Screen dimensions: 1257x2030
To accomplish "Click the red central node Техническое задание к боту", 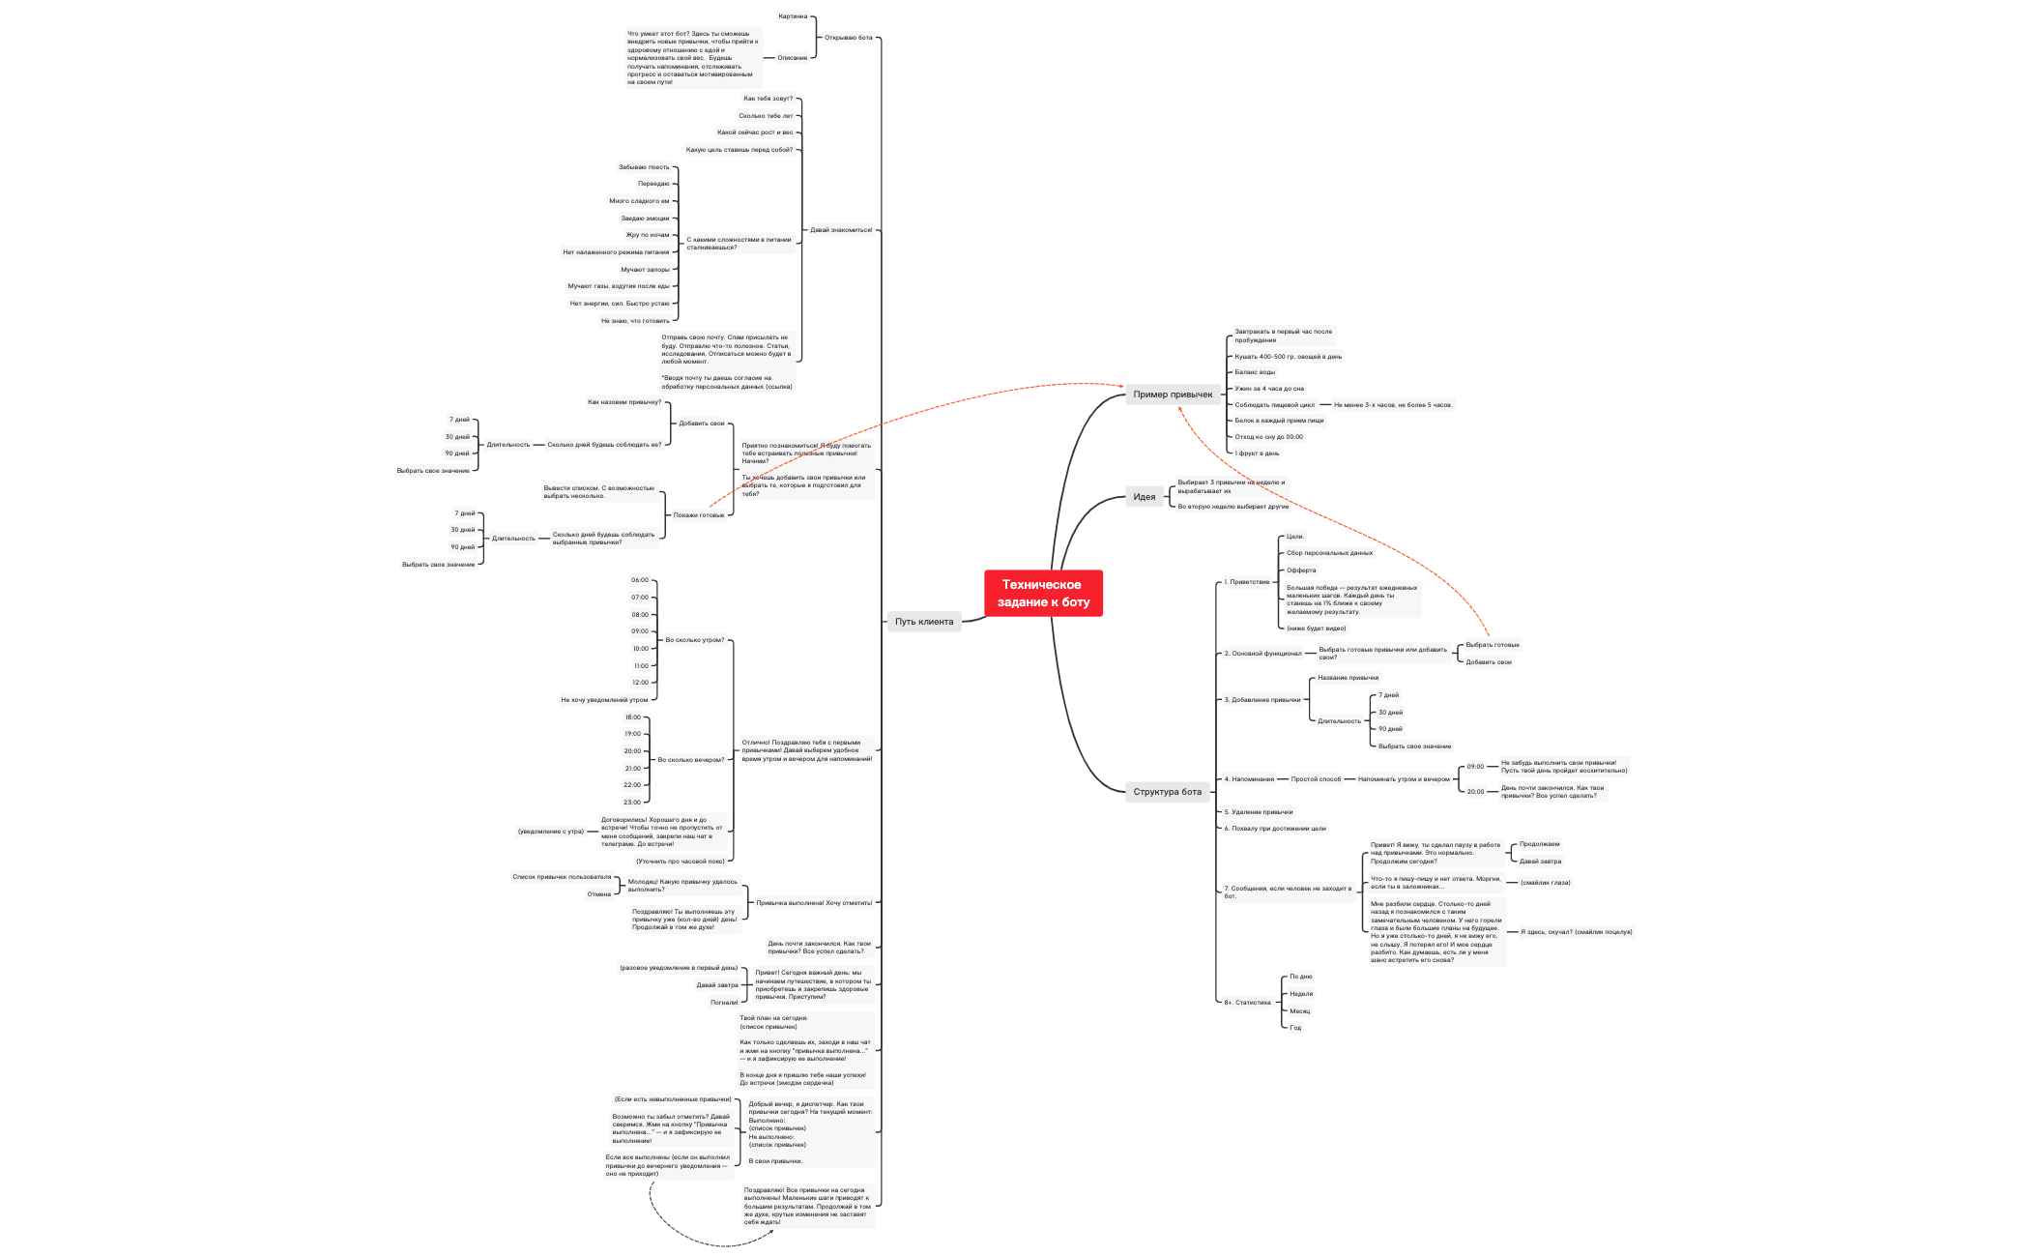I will click(1043, 593).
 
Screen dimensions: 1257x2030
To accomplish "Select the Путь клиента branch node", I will click(923, 622).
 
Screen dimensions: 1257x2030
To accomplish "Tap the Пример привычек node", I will click(1173, 395).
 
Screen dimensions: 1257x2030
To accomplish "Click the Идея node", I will click(1144, 497).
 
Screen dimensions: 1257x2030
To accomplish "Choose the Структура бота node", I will click(1167, 792).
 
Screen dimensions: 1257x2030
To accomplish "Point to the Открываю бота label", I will click(848, 38).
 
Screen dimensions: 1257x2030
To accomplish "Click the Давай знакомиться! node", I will click(840, 230).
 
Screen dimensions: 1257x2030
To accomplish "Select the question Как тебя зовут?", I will click(768, 99).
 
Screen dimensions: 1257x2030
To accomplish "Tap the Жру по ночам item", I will click(647, 235).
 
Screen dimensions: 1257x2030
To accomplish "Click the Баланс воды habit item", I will click(1254, 372).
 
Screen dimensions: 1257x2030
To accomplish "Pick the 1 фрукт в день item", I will click(1257, 453).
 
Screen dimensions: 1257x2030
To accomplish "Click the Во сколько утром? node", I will click(694, 640).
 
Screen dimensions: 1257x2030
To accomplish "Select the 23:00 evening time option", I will click(631, 803).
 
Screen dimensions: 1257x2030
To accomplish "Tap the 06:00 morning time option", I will click(640, 580).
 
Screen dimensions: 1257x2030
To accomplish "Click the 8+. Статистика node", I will click(1247, 1003).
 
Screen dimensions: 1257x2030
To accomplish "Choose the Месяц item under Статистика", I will click(1299, 1011).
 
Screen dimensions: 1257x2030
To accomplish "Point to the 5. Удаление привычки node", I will click(1258, 812).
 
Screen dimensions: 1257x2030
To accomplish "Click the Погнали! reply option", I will click(723, 1003).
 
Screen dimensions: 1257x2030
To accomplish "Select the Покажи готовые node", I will click(698, 515).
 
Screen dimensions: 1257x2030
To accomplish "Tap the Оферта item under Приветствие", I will click(1300, 570).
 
